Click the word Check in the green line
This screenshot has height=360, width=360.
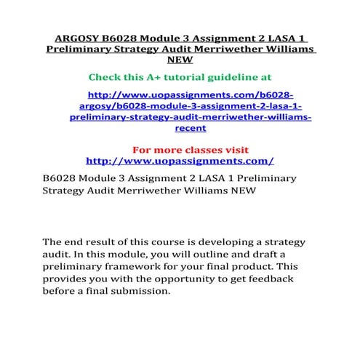pyautogui.click(x=105, y=76)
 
